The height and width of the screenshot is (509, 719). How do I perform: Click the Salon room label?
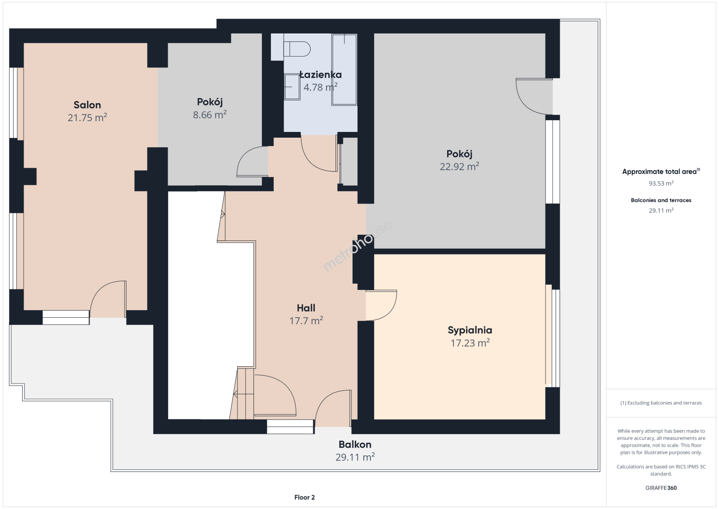87,105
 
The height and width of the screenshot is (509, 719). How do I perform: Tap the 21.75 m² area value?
87,117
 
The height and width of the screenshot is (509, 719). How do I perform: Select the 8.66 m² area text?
210,115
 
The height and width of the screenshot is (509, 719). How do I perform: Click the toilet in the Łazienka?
297,49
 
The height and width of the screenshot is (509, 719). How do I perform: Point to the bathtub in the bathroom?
344,70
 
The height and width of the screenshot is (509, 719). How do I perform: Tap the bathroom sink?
292,87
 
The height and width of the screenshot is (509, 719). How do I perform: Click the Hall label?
306,308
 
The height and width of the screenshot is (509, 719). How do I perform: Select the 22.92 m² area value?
459,166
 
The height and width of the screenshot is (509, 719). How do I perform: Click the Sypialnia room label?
470,330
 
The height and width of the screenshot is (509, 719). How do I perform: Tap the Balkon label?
355,444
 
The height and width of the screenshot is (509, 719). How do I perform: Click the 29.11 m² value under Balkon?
355,457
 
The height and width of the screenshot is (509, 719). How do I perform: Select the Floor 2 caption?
305,497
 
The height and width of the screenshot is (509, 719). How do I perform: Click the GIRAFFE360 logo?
661,488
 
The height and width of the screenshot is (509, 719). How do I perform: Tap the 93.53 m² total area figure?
661,183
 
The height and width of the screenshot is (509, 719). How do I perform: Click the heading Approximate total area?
660,172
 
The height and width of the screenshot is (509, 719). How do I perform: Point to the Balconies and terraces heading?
661,200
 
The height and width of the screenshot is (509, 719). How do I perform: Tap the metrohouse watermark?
357,246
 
